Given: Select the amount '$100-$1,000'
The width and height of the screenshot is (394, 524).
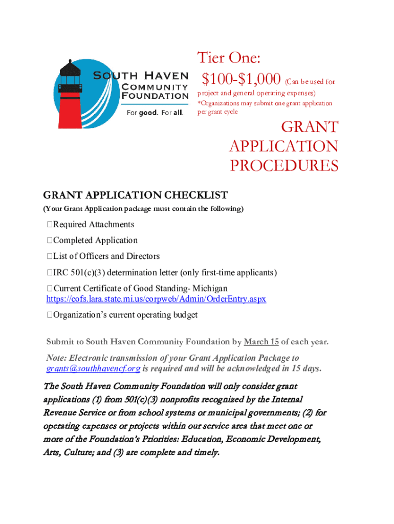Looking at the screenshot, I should [241, 79].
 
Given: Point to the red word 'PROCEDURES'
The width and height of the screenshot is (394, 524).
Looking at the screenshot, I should [283, 166].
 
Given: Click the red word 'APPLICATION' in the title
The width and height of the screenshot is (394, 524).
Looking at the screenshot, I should [283, 146].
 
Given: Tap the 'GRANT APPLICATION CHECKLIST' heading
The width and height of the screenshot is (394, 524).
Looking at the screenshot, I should [136, 195].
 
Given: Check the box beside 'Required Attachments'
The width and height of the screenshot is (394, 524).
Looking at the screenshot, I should [50, 225].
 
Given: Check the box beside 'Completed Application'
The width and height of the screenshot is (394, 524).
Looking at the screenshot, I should [50, 241].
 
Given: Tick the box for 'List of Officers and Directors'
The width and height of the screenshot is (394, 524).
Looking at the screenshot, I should [50, 256].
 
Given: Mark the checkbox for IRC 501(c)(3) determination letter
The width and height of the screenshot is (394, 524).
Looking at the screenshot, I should [50, 272].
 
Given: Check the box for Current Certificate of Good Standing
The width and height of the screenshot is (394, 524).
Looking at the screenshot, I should [50, 289].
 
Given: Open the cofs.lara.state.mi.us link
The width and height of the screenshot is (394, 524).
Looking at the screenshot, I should [156, 299].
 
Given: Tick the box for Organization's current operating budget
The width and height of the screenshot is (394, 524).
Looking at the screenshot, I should [50, 315].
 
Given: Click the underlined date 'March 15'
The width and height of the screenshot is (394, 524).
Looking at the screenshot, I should [261, 342].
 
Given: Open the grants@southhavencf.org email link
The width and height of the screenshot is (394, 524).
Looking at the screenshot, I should [93, 368].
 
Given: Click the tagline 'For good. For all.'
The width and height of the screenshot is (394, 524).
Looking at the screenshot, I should [154, 113].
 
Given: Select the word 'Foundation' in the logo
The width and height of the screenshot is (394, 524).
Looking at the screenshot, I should [155, 95].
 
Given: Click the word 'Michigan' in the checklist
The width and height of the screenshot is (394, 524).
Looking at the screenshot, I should [210, 289].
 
